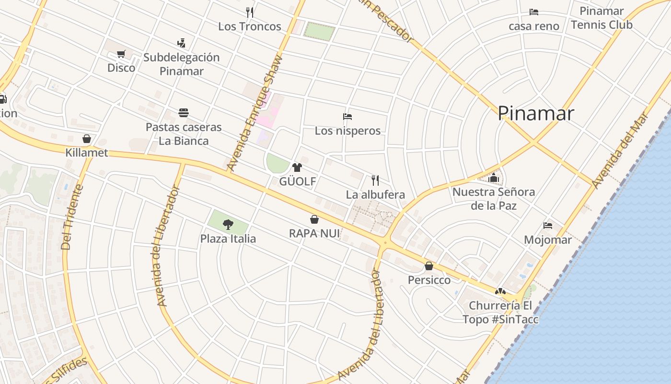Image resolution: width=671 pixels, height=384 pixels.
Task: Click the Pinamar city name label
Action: pos(535,113)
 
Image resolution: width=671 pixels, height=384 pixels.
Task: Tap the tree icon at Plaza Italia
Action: pos(228,224)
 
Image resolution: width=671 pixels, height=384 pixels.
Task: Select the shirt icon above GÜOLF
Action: pos(297,168)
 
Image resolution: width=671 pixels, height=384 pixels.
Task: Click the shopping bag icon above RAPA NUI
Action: pos(314,219)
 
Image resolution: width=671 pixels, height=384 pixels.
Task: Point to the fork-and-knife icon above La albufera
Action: pos(375,180)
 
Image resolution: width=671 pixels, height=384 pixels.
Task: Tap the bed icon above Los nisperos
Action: pos(347,117)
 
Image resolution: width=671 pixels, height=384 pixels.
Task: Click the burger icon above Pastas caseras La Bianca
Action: pos(184,113)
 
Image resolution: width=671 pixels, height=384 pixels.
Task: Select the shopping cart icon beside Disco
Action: pos(121,54)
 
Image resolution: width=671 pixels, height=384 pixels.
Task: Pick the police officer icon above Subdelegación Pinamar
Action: pos(181,43)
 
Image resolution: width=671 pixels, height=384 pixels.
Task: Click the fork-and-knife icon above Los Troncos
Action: pos(249,12)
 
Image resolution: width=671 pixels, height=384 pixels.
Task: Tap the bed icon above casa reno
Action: pos(534,12)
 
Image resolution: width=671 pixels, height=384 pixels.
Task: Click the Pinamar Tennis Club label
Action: pos(602,18)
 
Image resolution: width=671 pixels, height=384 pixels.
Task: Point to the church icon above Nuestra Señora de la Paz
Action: pos(494,178)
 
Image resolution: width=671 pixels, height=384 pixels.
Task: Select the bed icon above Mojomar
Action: pos(548,226)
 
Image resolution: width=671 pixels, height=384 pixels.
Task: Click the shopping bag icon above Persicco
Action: pos(429,266)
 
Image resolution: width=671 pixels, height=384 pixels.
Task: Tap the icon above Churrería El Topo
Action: pos(500,291)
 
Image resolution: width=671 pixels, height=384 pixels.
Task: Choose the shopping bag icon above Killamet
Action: pos(87,139)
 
